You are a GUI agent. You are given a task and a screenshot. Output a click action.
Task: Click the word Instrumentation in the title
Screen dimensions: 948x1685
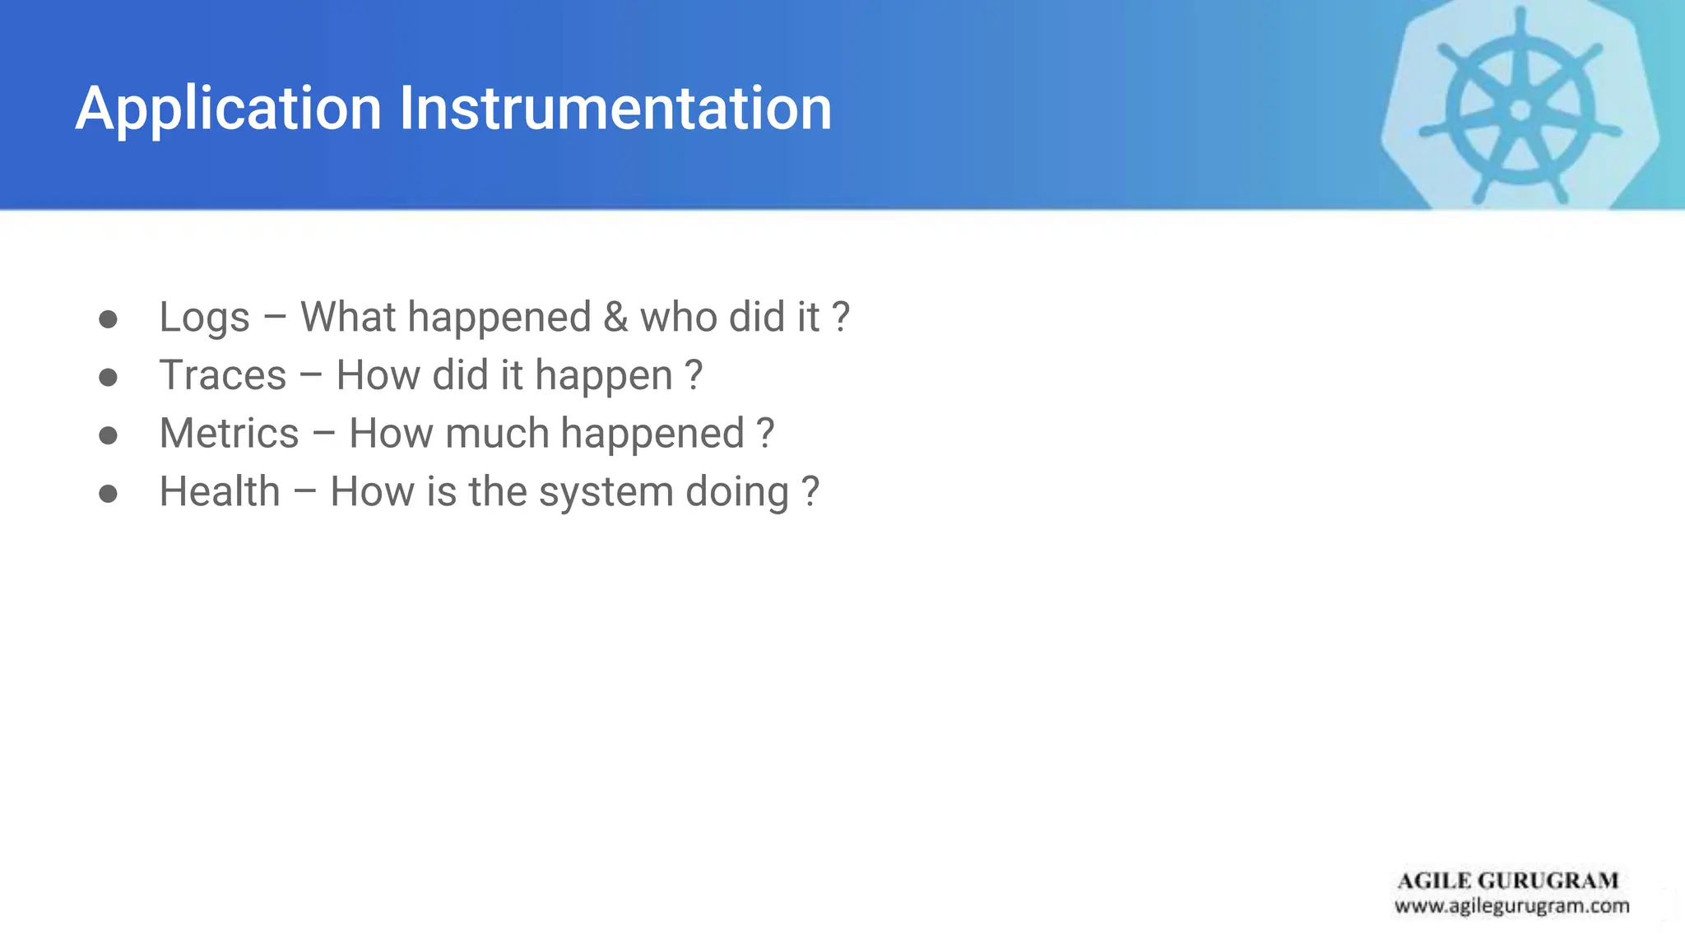click(x=615, y=109)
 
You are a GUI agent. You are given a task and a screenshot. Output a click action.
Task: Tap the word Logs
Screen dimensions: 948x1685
click(x=204, y=318)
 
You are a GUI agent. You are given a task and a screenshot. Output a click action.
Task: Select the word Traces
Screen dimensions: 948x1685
click(x=222, y=375)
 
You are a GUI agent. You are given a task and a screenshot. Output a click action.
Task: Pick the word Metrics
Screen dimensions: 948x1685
click(x=229, y=434)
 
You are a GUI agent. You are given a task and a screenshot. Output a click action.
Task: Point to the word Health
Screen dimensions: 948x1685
click(x=220, y=492)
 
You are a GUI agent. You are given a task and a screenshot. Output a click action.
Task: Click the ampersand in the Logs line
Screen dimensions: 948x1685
click(x=615, y=318)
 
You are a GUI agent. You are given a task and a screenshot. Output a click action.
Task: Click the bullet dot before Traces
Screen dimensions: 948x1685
click(x=108, y=378)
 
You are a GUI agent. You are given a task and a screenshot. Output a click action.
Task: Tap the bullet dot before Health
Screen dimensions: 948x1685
click(x=108, y=494)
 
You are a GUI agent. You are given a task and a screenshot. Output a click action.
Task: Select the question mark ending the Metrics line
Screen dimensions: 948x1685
click(x=765, y=434)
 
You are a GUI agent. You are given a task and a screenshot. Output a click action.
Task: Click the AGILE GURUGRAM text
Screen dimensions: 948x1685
click(x=1507, y=881)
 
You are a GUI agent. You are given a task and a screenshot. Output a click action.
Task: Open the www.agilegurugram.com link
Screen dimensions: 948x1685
click(x=1511, y=906)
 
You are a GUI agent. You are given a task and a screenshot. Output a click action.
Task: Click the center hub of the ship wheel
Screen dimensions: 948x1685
click(x=1520, y=109)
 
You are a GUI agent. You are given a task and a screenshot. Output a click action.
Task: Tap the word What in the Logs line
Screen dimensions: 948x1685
click(x=348, y=318)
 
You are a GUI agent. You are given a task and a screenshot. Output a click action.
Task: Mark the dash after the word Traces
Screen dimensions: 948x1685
click(x=311, y=377)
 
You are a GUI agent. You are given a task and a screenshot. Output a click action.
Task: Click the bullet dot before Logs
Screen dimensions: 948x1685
click(x=108, y=319)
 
